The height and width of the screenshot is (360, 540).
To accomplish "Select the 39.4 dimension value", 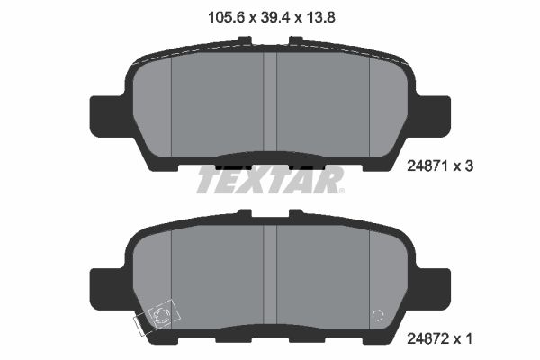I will click(269, 14).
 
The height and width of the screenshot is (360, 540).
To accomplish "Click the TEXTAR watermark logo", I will click(269, 180).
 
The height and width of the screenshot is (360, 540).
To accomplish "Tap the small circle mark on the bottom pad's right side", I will click(379, 315).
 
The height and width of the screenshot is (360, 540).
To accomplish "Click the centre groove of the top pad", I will click(269, 103).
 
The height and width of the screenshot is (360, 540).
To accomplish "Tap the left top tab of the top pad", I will click(245, 40).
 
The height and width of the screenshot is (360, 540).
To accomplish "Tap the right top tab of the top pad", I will click(294, 40).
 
